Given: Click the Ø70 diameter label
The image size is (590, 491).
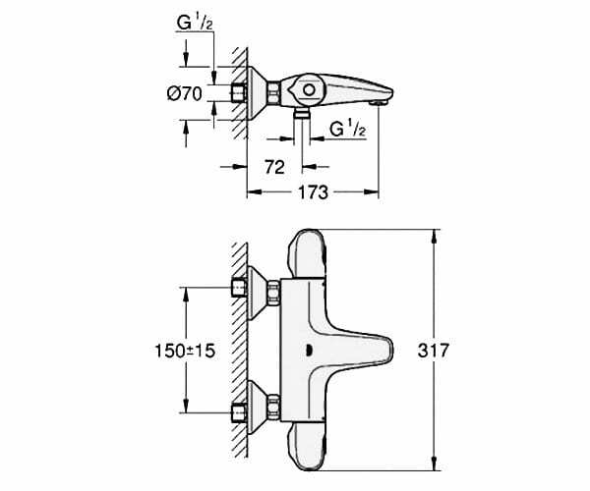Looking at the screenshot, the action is tap(185, 93).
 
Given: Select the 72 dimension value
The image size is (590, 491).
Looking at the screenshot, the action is tap(274, 167).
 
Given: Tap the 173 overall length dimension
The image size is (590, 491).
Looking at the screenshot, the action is tap(313, 192).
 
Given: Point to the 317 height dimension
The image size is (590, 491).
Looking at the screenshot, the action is tap(434, 351).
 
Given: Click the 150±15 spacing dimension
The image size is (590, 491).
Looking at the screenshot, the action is tap(185, 351).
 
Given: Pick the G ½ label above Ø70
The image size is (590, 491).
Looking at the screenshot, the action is tap(195, 23).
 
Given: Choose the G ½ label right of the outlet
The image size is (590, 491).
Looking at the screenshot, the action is tap(348, 129).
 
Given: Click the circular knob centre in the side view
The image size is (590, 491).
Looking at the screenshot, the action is tap(309, 90).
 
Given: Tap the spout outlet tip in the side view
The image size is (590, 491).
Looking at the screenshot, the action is tap(379, 102).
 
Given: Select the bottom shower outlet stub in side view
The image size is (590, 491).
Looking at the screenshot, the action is tap(302, 113).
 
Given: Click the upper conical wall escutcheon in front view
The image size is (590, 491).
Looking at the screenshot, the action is tap(257, 293).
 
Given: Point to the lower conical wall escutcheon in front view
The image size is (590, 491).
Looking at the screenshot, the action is tap(257, 408).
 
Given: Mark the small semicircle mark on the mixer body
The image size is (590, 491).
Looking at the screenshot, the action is tap(310, 351).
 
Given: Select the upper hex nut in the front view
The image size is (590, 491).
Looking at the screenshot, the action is tap(274, 292).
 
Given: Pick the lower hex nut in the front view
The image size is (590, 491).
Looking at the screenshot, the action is tap(274, 407).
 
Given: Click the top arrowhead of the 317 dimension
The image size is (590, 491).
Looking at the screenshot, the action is tap(435, 235).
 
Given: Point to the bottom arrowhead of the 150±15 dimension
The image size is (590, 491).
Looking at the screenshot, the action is tap(186, 407).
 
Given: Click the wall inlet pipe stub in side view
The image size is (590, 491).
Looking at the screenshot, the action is tap(238, 92).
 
